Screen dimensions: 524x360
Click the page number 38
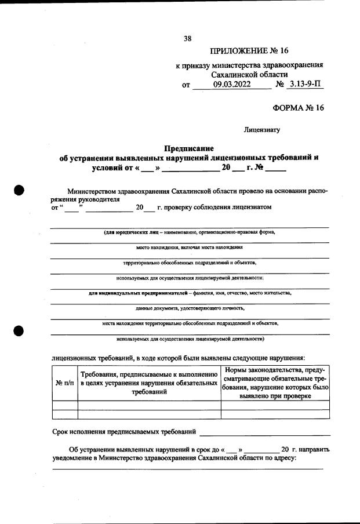[187, 39]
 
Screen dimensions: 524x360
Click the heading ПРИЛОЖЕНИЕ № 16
[249, 52]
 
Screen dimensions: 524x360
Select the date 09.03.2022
[231, 85]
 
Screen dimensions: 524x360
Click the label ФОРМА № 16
[298, 108]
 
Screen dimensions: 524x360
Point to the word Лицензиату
[262, 130]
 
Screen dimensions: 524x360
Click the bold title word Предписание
[189, 148]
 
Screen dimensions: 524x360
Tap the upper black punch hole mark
[19, 190]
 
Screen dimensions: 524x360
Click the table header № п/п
[64, 383]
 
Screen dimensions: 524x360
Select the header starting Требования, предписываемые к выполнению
[149, 383]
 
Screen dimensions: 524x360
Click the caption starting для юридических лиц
[189, 232]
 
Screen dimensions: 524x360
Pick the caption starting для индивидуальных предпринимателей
[189, 293]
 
